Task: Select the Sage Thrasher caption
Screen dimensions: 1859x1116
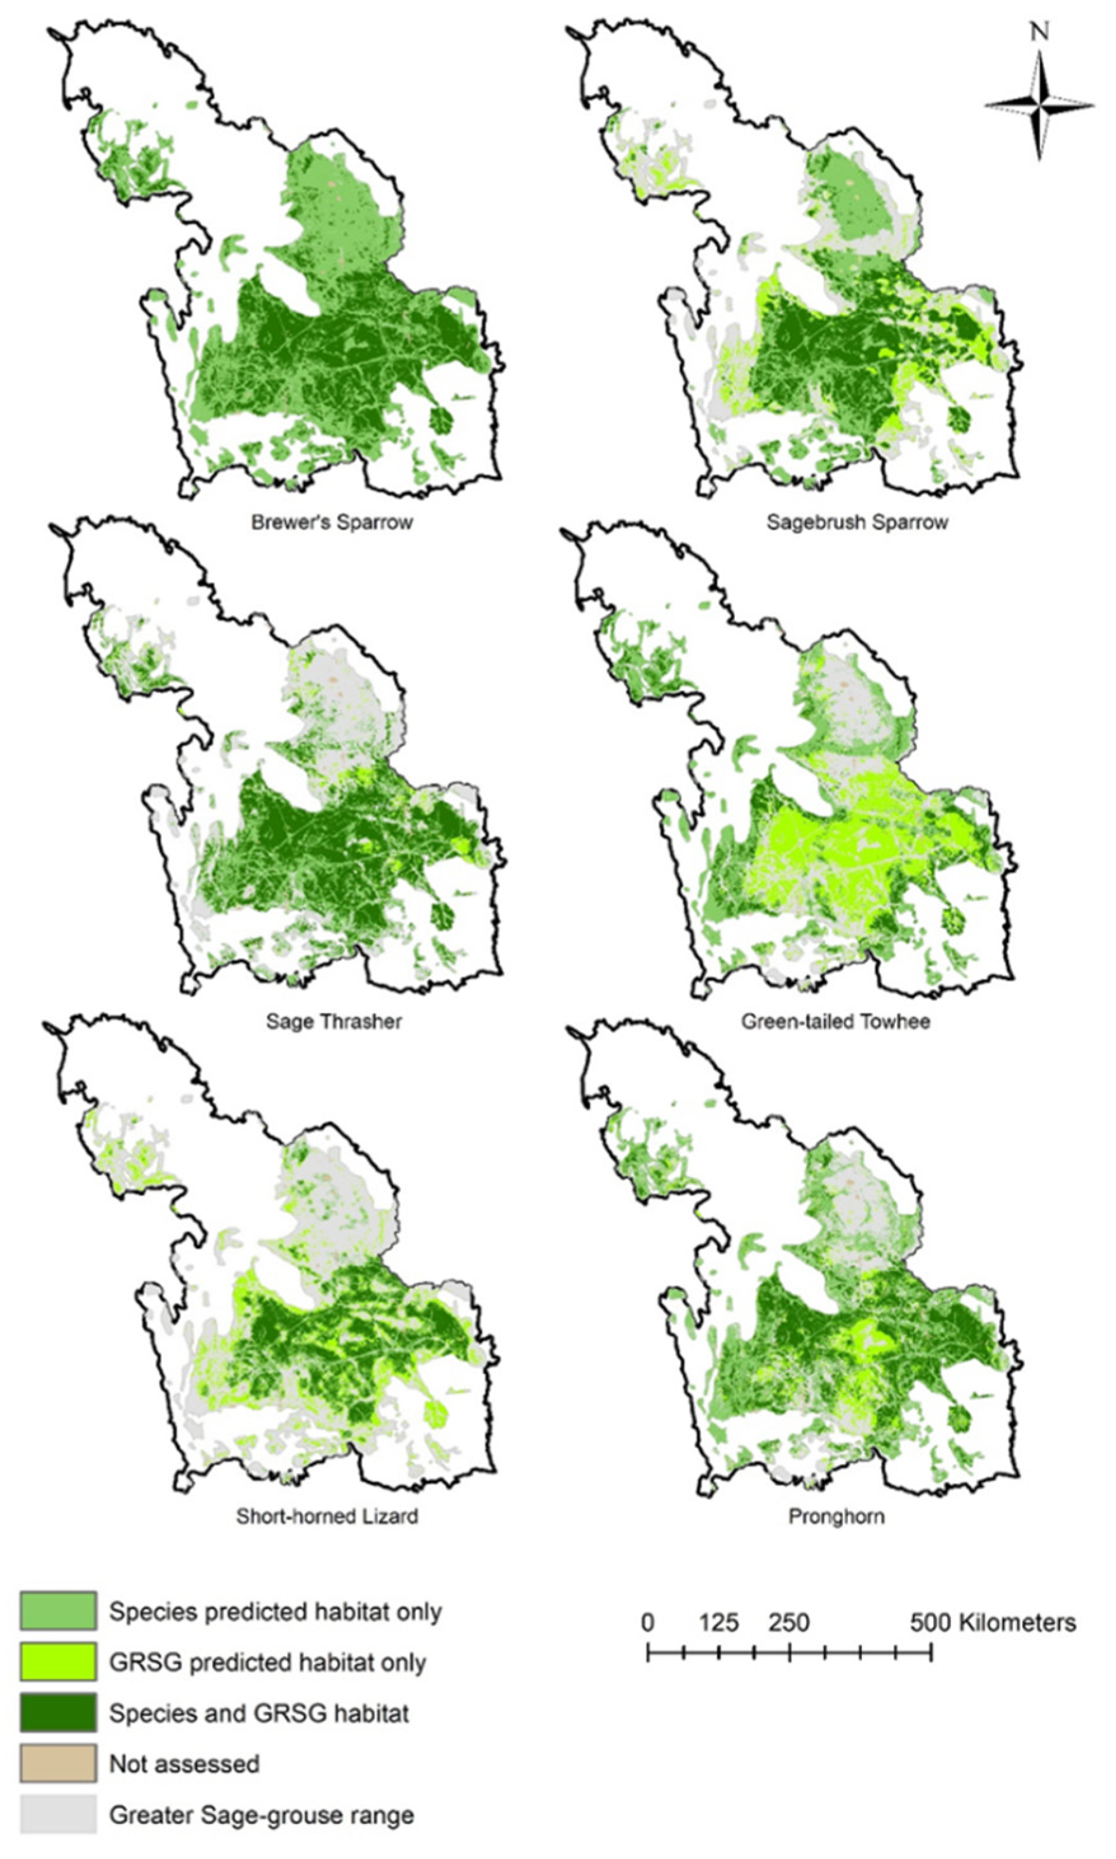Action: click(x=334, y=1021)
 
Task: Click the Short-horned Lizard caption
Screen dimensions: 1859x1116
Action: click(x=327, y=1515)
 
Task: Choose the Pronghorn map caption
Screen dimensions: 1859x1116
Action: click(x=837, y=1515)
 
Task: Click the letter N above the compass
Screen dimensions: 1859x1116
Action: click(x=1039, y=32)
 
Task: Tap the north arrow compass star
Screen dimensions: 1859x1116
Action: click(x=1039, y=105)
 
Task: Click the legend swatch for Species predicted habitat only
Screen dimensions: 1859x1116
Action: click(x=58, y=1611)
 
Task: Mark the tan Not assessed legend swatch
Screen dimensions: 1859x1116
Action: click(x=58, y=1764)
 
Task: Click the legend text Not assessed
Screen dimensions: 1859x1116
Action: click(x=184, y=1764)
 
